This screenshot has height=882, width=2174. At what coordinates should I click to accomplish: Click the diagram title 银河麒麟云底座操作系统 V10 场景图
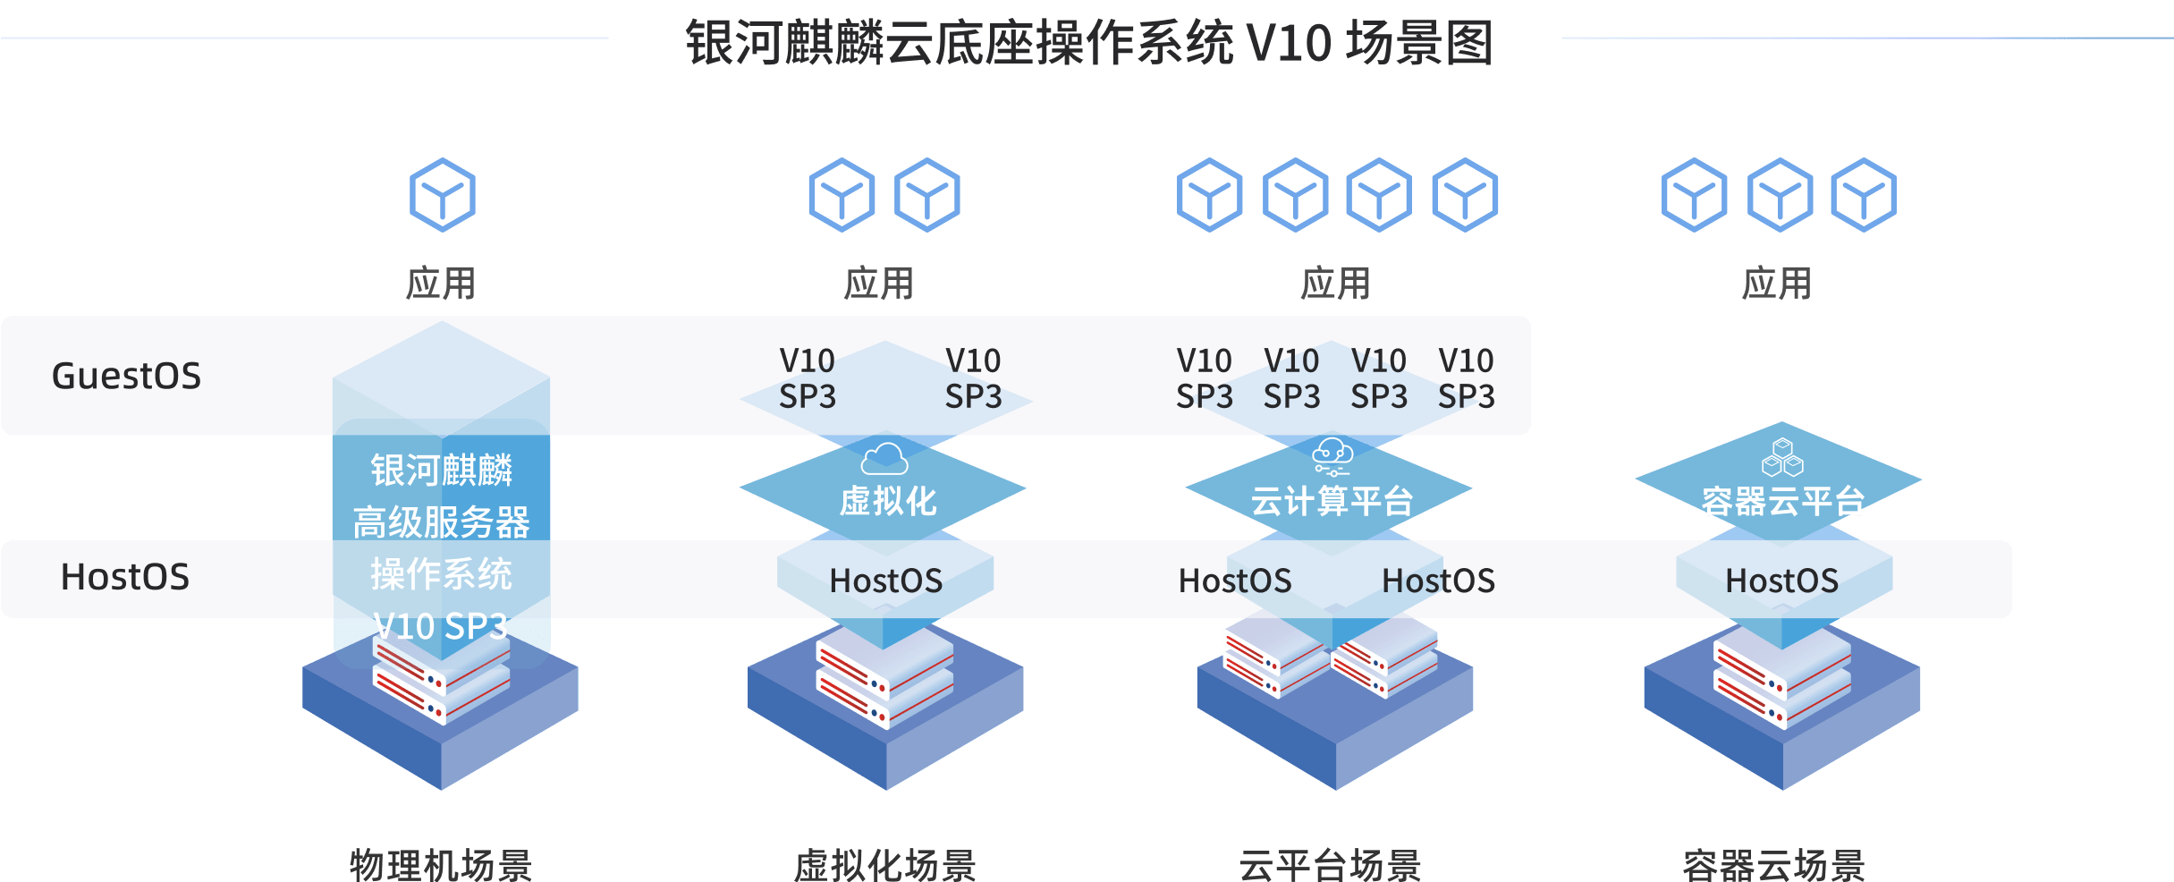1088,43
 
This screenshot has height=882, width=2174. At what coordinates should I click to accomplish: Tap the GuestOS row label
126,376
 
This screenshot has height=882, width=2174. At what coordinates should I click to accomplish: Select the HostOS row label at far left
124,577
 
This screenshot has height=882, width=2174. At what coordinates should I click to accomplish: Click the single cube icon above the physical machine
442,195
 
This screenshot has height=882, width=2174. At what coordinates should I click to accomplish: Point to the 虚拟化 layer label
887,501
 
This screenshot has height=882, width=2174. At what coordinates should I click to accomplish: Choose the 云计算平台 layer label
1332,501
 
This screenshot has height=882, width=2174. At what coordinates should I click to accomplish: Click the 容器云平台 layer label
1782,501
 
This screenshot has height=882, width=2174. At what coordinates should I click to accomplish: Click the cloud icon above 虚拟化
884,459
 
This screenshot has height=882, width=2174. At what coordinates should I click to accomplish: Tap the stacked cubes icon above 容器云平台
1782,457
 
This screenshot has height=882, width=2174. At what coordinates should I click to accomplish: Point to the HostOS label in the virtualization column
885,581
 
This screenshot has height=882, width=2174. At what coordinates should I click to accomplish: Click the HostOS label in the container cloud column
1781,581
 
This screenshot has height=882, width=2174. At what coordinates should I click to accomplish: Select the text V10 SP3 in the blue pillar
441,626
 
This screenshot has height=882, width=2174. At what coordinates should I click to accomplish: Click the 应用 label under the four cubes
1335,284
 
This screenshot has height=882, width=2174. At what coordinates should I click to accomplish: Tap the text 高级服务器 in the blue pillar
441,522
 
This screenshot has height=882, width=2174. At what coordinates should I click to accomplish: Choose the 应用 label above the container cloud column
1776,284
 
